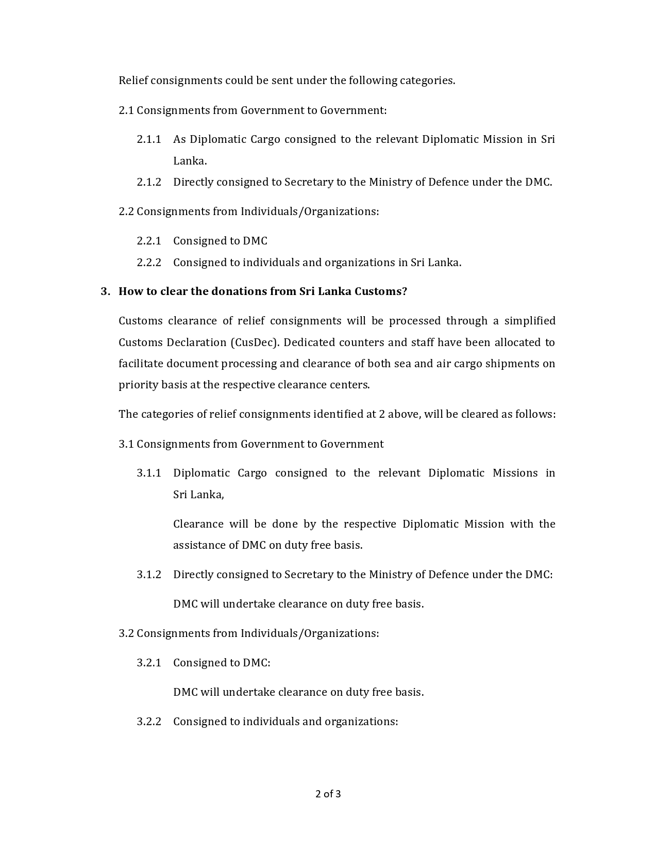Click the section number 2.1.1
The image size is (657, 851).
click(x=149, y=139)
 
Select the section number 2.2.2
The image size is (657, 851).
click(x=149, y=263)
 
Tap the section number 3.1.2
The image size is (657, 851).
click(x=149, y=575)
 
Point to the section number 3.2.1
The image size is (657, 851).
click(x=149, y=663)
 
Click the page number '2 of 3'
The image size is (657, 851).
click(x=328, y=794)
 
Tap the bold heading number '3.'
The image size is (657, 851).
click(x=105, y=291)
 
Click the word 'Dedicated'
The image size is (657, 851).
click(x=308, y=342)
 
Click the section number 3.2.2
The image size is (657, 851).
click(x=149, y=722)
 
